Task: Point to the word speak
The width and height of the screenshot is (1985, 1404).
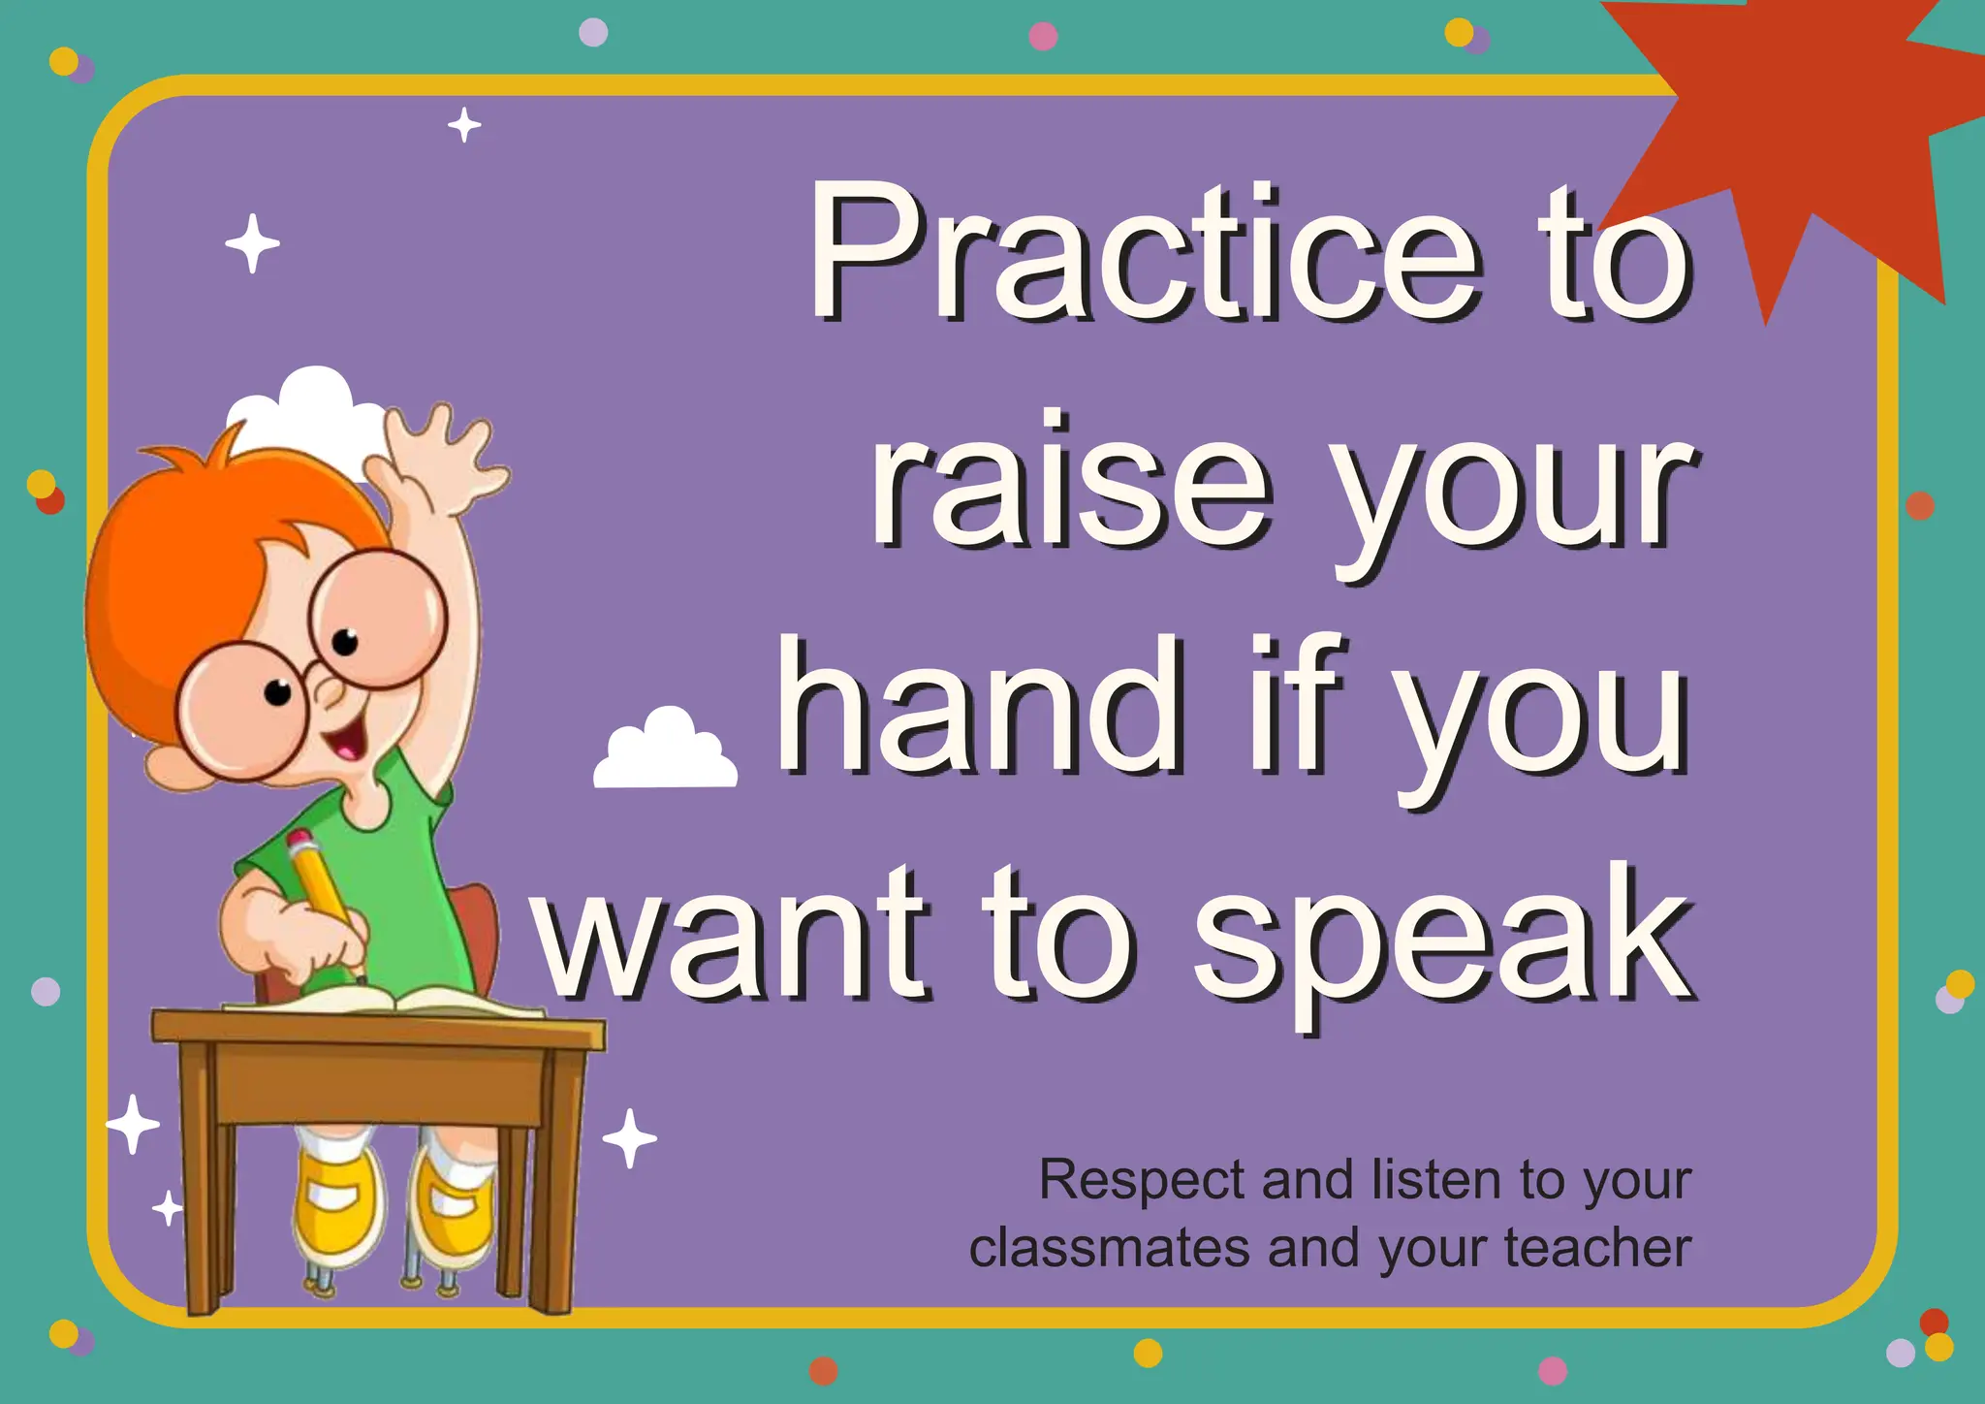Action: coord(1444,937)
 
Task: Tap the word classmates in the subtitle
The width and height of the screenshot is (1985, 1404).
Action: coord(1110,1248)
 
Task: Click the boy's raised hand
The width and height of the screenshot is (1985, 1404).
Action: coord(441,456)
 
